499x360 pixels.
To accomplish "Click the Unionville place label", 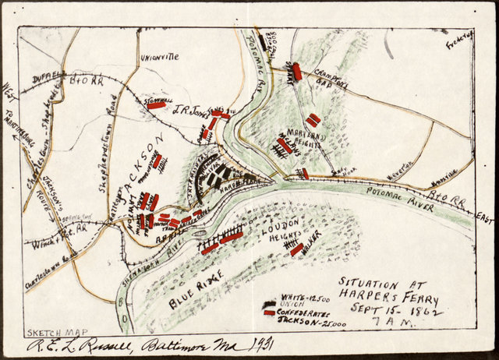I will click(x=160, y=57).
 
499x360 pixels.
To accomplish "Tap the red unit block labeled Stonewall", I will click(x=157, y=105).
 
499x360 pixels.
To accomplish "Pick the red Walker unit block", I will click(x=296, y=249).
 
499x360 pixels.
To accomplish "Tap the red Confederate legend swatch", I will click(x=269, y=313).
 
